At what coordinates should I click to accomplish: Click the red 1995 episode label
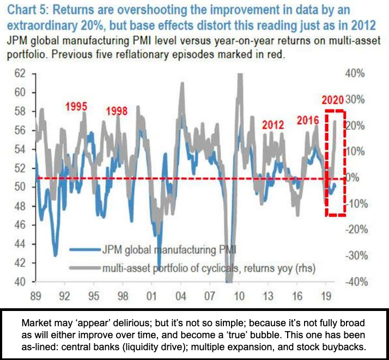coord(76,106)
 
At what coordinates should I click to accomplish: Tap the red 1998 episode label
coord(117,111)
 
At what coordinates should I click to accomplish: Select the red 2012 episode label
coord(272,125)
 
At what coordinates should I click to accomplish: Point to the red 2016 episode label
coord(308,120)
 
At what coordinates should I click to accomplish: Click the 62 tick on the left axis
coord(20,74)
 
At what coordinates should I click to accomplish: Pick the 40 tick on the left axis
coord(20,282)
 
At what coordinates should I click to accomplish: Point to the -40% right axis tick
coord(361,282)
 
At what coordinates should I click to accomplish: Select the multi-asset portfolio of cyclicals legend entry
coord(208,267)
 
